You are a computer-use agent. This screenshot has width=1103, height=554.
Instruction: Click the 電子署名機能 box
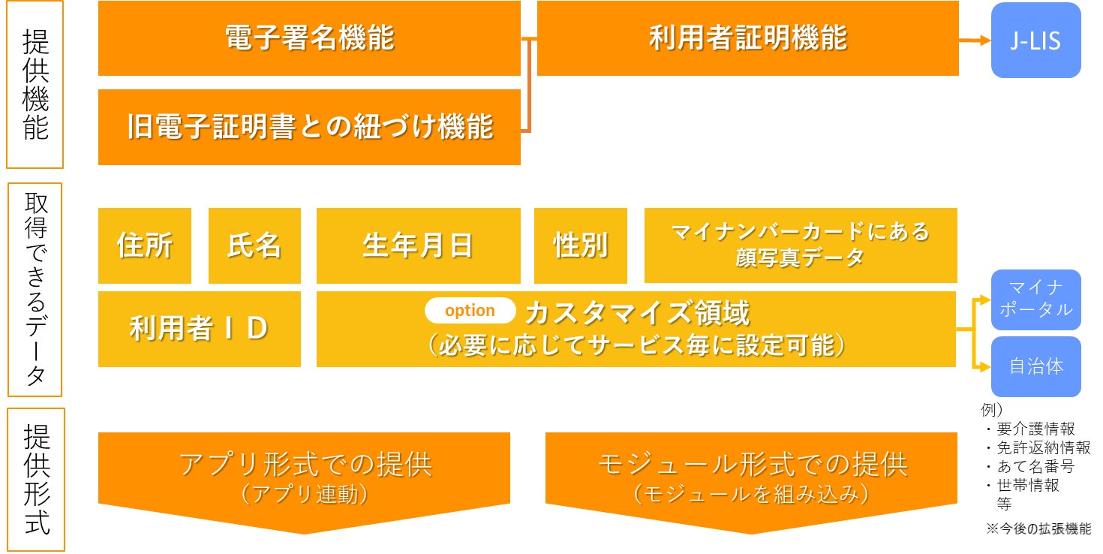click(309, 38)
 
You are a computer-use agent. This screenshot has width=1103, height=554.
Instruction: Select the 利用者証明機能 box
click(747, 38)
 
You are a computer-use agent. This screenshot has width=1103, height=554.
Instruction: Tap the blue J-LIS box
click(1035, 41)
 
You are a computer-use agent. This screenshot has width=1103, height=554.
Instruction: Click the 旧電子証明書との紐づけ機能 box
click(309, 127)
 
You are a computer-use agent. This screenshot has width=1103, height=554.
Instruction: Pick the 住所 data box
click(145, 245)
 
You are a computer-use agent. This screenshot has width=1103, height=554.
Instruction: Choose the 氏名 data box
click(254, 245)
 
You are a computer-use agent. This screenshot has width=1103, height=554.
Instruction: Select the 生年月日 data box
click(418, 245)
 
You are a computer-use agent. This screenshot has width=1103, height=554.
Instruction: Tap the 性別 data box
click(581, 245)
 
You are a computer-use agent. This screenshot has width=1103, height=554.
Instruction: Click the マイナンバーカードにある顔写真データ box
click(801, 245)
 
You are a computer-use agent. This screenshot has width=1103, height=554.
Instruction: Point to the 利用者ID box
click(199, 329)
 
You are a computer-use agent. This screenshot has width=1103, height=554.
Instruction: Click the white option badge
click(470, 310)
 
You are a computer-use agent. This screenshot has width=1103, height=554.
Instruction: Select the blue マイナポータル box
click(1035, 300)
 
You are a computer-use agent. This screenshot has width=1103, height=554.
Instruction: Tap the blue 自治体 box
click(1035, 366)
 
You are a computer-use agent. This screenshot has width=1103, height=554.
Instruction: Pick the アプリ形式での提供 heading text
click(305, 465)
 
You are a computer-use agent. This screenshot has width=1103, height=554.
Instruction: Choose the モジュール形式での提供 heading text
click(752, 465)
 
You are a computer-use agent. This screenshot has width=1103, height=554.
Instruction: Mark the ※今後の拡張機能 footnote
click(1038, 528)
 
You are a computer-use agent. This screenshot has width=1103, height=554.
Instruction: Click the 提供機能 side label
click(35, 84)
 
